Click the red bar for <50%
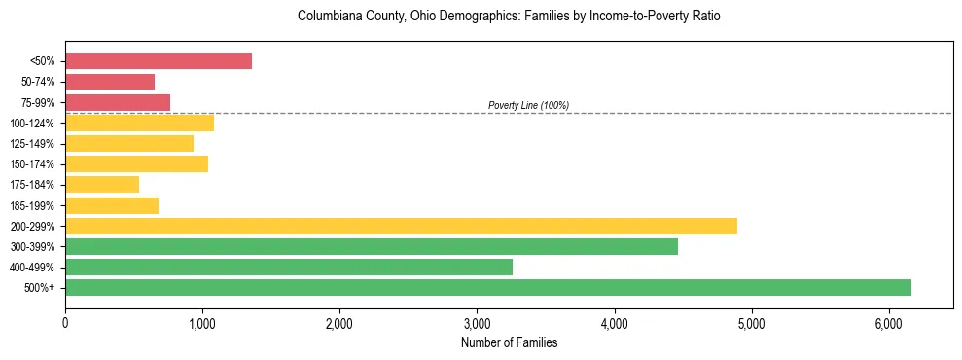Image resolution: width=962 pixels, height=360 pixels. tap(159, 61)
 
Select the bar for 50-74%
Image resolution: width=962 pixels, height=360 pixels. tap(110, 82)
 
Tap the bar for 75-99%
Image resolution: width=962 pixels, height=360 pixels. tap(118, 102)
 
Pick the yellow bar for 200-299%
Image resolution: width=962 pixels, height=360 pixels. tap(401, 226)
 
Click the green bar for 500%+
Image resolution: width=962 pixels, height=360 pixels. tap(488, 287)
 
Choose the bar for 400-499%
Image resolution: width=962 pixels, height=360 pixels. tap(289, 267)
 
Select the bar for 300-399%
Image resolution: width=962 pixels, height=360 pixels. tap(372, 246)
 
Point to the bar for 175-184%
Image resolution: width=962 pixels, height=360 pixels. tap(102, 184)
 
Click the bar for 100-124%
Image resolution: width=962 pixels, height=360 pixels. tap(139, 123)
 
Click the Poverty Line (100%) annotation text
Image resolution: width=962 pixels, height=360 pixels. tap(528, 105)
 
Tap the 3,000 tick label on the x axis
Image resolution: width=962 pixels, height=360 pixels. tap(477, 324)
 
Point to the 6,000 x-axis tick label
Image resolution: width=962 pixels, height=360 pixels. tap(888, 324)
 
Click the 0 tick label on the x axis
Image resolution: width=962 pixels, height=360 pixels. tap(65, 324)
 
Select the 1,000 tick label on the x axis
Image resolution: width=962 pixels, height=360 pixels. tap(202, 324)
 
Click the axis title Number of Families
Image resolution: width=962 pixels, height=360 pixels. tap(509, 342)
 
